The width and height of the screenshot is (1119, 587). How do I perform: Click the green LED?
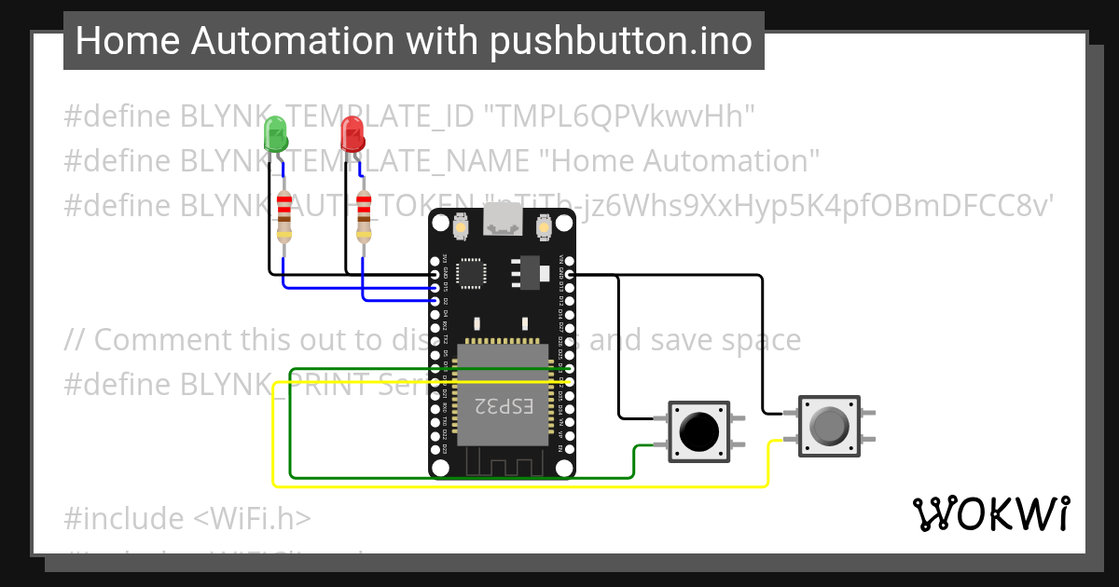click(276, 134)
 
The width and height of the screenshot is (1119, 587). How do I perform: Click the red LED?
click(352, 134)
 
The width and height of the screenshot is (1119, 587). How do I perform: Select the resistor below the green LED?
click(284, 215)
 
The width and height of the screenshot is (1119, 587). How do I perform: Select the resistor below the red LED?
click(364, 215)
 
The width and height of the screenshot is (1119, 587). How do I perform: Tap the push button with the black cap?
click(699, 431)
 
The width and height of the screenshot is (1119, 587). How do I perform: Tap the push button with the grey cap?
click(827, 426)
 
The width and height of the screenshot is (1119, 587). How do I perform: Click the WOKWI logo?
click(991, 513)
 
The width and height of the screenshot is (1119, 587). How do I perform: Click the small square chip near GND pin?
click(475, 273)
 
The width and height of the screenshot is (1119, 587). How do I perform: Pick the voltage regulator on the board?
click(529, 271)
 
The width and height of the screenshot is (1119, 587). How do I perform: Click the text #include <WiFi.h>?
click(187, 518)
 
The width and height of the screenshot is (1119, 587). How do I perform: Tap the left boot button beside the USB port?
click(460, 225)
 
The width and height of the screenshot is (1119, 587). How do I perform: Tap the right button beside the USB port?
click(545, 225)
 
